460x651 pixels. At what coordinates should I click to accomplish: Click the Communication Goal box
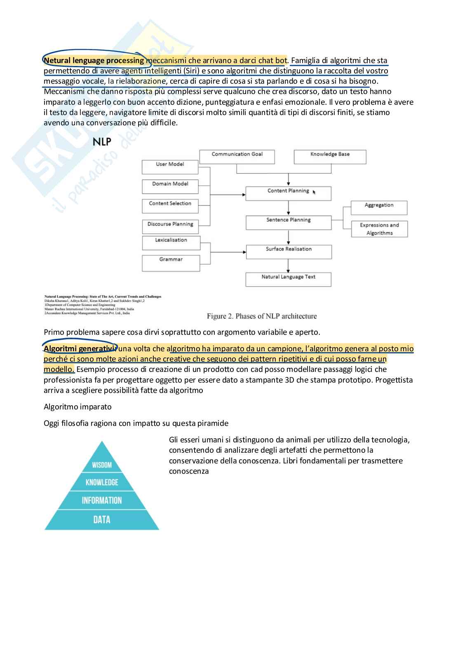tap(237, 157)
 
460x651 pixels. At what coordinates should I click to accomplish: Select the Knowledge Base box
tap(330, 157)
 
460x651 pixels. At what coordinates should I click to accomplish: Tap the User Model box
tap(170, 167)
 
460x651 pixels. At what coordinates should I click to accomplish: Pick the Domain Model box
tap(170, 186)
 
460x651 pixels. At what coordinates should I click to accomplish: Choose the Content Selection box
tap(170, 206)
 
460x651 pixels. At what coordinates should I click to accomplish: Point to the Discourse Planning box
tap(170, 226)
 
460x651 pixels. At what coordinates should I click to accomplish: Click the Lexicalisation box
tap(171, 243)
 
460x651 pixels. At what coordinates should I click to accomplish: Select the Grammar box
tap(171, 263)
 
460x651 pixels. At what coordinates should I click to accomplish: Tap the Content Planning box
tap(288, 193)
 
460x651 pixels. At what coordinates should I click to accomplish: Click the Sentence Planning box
tap(289, 223)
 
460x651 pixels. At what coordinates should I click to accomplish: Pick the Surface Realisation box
tap(289, 251)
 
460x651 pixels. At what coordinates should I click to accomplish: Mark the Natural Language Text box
tap(288, 280)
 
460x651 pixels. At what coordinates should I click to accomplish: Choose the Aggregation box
tap(379, 208)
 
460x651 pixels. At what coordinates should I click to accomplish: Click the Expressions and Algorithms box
tap(379, 229)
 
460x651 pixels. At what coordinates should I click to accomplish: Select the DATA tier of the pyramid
tap(102, 519)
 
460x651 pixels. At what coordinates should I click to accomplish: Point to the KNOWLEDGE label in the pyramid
tap(102, 482)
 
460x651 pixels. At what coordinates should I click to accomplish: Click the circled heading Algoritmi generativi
tap(80, 349)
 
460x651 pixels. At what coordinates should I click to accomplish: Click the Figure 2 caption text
tap(262, 316)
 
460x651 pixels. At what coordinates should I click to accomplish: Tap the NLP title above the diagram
tap(102, 142)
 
